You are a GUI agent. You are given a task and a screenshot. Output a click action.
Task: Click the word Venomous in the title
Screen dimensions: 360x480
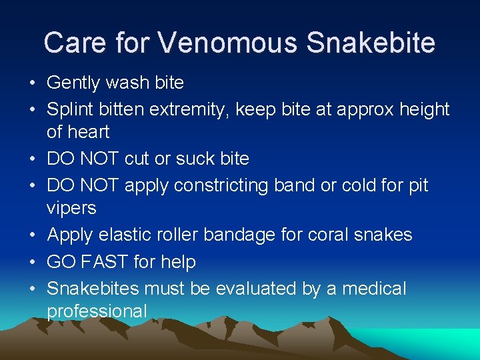pos(229,43)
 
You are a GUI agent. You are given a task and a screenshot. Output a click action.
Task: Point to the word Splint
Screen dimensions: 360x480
pos(68,109)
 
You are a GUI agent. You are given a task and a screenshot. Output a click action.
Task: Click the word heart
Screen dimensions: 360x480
pos(90,132)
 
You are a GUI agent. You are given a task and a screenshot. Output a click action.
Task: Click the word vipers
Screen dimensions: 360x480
pos(71,208)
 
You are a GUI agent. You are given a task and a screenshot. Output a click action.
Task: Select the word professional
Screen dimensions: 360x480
pos(97,311)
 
